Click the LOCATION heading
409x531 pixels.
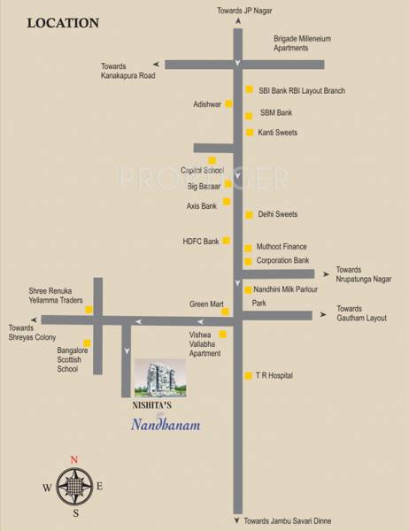coord(62,23)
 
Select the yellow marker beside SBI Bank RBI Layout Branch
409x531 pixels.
coord(251,90)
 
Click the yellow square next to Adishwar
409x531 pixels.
coord(228,104)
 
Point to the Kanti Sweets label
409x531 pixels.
coord(277,133)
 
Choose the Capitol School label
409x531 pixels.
coord(203,169)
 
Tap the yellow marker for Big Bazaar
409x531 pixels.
coord(228,185)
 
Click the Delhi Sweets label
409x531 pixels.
coord(277,214)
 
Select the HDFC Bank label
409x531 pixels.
coord(200,241)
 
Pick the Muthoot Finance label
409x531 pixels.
coord(282,247)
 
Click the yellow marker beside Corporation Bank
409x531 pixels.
coord(249,262)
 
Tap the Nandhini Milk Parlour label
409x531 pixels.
coord(286,289)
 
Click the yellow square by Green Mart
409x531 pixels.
coord(225,312)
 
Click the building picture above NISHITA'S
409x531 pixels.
coord(160,378)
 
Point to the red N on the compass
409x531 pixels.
coord(75,458)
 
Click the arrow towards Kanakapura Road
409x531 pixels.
coord(157,64)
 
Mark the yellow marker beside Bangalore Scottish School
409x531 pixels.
coord(87,343)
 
